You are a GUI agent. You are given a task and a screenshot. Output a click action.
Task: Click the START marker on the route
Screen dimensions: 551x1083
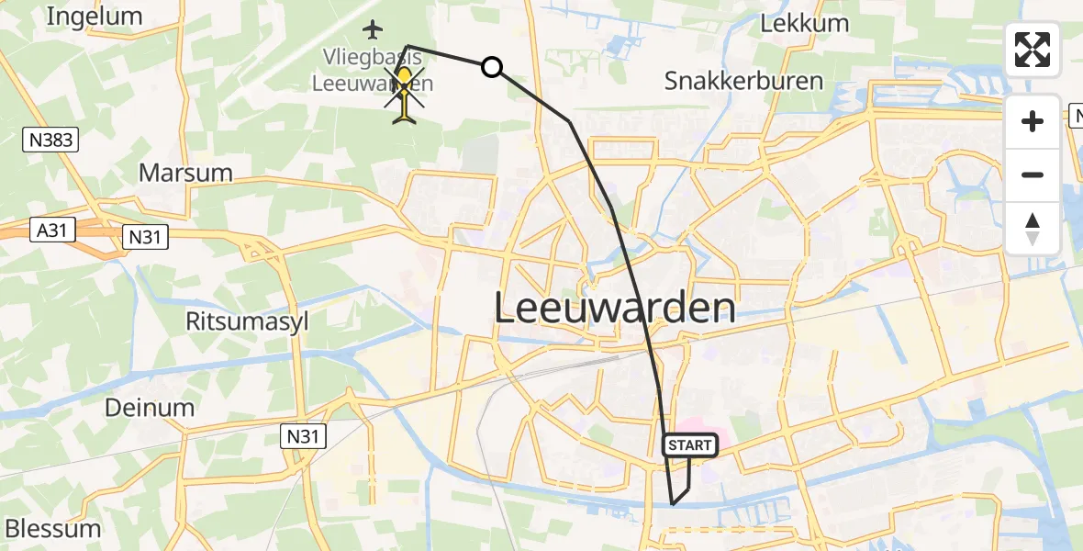click(690, 445)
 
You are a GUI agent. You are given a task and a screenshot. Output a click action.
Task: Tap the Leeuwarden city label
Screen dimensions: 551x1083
click(614, 309)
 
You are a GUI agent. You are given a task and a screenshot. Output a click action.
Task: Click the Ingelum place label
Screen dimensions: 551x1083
click(94, 16)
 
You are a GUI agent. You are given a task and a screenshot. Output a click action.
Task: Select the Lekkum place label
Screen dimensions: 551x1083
click(805, 23)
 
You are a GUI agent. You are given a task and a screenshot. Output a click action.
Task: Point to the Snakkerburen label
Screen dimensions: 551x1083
click(743, 81)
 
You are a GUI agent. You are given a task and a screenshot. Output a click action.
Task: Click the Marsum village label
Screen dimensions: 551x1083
click(185, 173)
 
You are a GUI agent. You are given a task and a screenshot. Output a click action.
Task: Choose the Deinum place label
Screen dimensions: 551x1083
click(150, 408)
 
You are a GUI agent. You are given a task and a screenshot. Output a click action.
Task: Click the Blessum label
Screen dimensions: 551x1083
click(53, 529)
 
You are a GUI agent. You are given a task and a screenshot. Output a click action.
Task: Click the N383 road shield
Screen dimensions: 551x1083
click(50, 141)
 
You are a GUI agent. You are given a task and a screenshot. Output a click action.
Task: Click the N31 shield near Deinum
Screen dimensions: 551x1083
click(302, 435)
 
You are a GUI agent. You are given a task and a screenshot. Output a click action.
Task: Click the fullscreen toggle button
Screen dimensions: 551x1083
click(1033, 50)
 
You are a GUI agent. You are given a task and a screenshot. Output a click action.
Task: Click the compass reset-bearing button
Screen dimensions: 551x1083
click(1033, 229)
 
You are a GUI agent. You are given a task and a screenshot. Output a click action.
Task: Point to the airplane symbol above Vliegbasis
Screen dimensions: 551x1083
click(372, 30)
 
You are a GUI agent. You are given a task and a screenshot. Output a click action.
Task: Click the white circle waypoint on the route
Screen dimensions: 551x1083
click(492, 66)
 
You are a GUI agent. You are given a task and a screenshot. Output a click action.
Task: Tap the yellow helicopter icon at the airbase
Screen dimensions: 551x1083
click(406, 92)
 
